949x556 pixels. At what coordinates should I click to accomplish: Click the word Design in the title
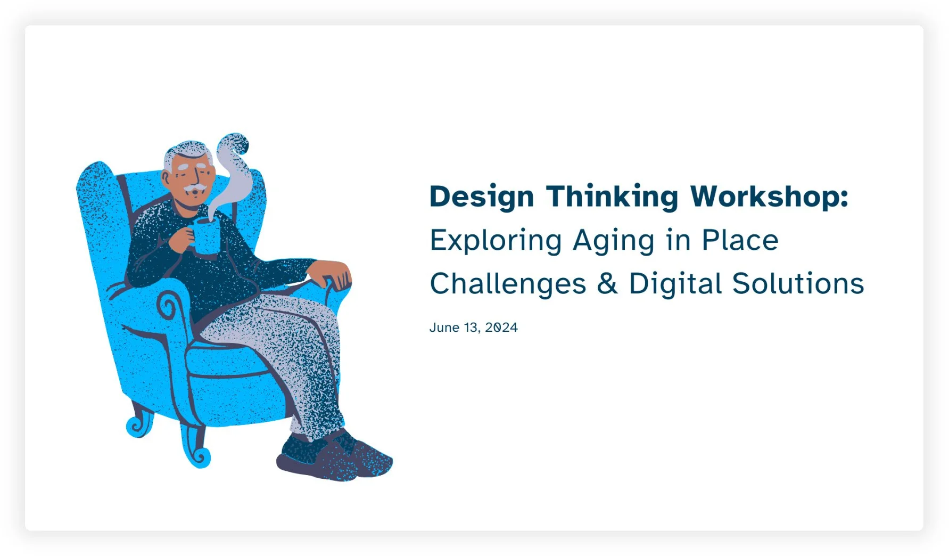pyautogui.click(x=481, y=197)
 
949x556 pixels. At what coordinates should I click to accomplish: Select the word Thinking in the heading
pyautogui.click(x=612, y=197)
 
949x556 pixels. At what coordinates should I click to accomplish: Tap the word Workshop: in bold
pyautogui.click(x=769, y=197)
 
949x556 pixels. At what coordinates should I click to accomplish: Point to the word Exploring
pyautogui.click(x=496, y=241)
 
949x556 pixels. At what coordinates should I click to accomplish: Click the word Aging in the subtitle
pyautogui.click(x=613, y=241)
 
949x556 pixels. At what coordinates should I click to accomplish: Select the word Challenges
pyautogui.click(x=507, y=284)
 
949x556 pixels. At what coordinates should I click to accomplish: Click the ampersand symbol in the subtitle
pyautogui.click(x=607, y=284)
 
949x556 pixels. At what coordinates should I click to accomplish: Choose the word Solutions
pyautogui.click(x=798, y=284)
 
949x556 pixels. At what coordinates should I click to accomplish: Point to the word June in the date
pyautogui.click(x=444, y=328)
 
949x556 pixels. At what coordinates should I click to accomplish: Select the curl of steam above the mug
pyautogui.click(x=234, y=160)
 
